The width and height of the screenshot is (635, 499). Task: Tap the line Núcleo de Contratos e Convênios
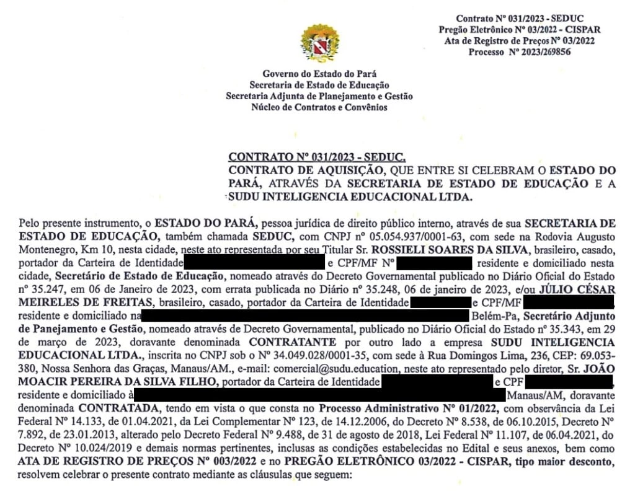[x=319, y=107]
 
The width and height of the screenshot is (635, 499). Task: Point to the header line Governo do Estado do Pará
[x=319, y=74]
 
